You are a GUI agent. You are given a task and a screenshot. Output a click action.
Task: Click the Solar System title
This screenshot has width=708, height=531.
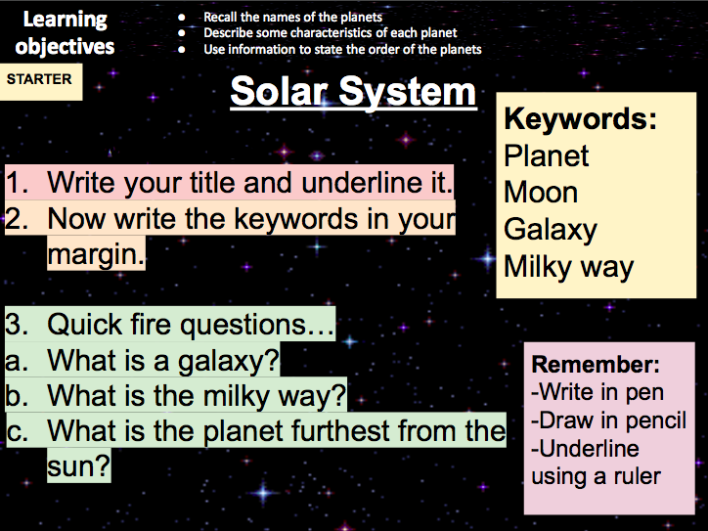(353, 92)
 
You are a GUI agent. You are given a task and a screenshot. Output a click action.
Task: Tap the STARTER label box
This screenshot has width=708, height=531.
(40, 79)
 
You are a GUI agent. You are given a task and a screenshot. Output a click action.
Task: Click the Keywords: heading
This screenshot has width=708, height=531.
(579, 119)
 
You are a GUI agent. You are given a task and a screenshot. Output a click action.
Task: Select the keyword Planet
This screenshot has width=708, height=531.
(547, 155)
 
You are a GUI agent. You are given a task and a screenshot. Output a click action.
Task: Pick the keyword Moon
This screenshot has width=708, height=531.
(541, 193)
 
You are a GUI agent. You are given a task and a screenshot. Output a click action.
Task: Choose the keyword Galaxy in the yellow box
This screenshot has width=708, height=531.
(550, 230)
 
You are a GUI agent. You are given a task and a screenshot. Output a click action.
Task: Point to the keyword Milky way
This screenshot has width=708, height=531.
(568, 267)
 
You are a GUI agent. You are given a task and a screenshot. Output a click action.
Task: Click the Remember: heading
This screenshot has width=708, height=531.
(595, 365)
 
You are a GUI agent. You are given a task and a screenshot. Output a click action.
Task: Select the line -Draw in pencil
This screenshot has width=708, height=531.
(608, 420)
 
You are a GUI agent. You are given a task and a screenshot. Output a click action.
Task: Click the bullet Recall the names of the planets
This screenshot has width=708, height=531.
(292, 18)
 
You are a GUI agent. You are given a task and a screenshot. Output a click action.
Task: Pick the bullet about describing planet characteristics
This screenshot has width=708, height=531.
(330, 33)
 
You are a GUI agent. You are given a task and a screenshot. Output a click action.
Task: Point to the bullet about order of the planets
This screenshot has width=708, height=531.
(341, 49)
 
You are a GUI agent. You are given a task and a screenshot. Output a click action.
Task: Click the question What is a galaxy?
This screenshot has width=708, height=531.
(163, 362)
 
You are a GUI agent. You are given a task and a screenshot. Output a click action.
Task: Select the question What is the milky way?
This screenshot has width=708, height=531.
(197, 396)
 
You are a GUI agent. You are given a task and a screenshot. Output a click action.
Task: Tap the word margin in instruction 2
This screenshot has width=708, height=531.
(95, 255)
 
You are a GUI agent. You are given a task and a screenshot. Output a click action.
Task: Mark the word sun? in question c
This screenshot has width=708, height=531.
(78, 466)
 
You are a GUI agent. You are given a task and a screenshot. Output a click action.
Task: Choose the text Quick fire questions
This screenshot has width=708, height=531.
(190, 324)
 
